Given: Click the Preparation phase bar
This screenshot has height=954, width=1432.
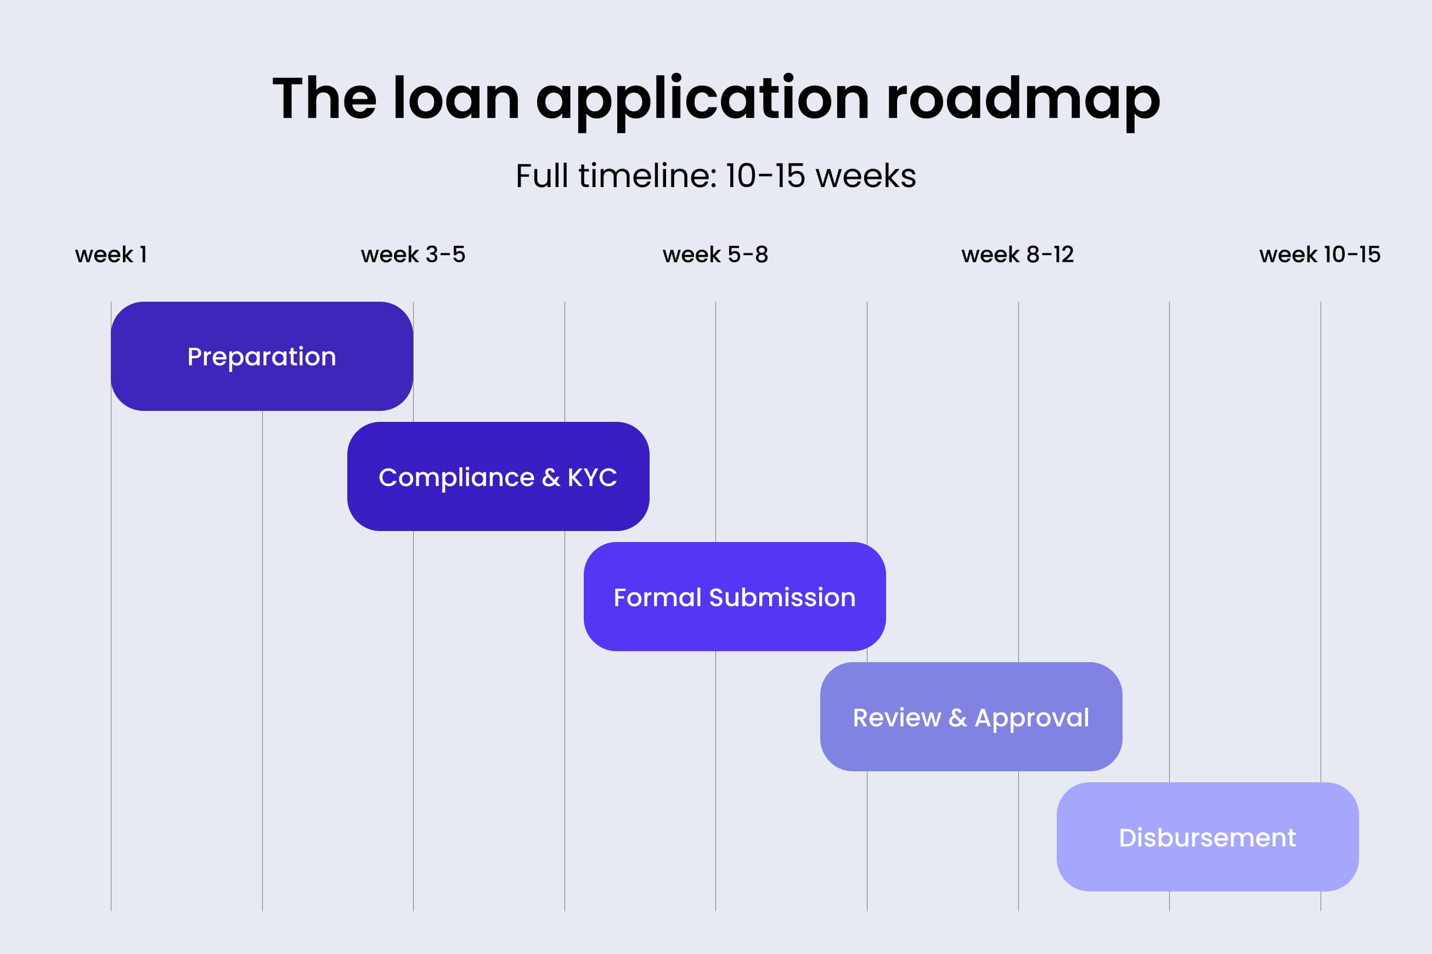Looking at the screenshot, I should click(x=262, y=357).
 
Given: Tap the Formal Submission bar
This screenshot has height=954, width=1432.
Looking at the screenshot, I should click(x=734, y=597).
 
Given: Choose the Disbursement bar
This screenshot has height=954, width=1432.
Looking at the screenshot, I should click(x=1207, y=837).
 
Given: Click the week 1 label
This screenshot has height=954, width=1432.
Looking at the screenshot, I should click(x=111, y=255).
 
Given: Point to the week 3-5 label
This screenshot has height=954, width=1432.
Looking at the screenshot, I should click(x=413, y=255).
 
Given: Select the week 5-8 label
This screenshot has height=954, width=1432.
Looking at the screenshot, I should click(x=715, y=255).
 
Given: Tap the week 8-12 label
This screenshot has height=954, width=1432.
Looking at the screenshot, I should click(x=1018, y=255).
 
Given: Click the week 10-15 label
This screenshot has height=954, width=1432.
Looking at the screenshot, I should click(x=1320, y=255).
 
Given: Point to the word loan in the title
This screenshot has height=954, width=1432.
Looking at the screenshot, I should click(x=456, y=99).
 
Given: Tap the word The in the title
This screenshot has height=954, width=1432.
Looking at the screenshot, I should click(x=324, y=99).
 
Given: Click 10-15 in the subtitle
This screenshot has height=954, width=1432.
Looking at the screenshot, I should click(x=765, y=176).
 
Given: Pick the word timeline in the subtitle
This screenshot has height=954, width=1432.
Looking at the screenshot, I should click(x=647, y=176).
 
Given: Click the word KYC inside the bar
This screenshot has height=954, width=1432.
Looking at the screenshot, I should click(x=592, y=477).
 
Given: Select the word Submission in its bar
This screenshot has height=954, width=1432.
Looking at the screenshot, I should click(x=782, y=597).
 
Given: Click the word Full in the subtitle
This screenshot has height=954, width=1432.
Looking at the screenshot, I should click(x=542, y=176).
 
